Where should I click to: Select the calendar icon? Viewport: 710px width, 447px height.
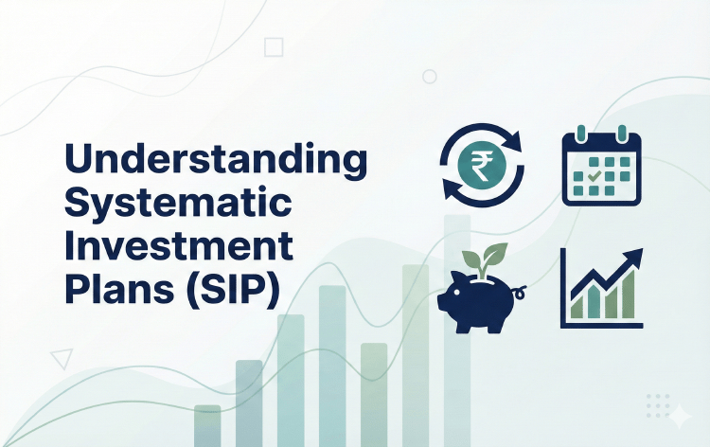pos(601,168)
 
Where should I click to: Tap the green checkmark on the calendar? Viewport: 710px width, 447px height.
pos(593,175)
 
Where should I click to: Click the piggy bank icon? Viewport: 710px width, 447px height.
pos(479,299)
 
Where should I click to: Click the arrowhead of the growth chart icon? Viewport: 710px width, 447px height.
pos(634,257)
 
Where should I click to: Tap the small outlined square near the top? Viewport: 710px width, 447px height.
pos(275,47)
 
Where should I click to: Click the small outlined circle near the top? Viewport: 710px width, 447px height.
pos(430,76)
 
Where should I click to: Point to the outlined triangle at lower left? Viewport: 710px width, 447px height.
pos(62,358)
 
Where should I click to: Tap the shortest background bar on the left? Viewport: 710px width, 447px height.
pos(207,425)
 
